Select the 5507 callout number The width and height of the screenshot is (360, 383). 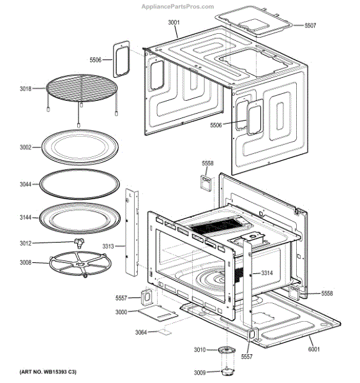tap(310, 26)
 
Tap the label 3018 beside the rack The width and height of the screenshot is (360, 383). tap(25, 90)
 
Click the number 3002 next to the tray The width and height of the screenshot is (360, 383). tap(25, 147)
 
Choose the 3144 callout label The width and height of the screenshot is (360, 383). tap(25, 218)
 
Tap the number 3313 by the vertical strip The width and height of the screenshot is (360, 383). tap(109, 245)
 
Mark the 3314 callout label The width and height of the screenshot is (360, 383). tap(266, 273)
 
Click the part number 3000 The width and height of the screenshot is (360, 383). tap(121, 312)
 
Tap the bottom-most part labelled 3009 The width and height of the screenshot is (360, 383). tap(227, 372)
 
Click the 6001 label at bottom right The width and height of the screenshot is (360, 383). tap(313, 349)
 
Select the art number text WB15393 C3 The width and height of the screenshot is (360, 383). tap(49, 372)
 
